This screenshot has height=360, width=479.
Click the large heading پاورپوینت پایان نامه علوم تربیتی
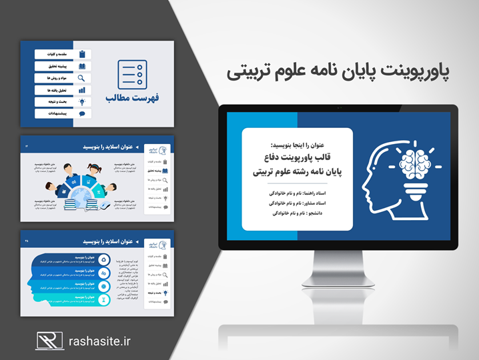click(x=338, y=71)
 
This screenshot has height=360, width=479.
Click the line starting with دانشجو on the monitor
click(x=298, y=213)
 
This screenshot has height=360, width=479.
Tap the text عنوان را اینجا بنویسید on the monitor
click(x=298, y=144)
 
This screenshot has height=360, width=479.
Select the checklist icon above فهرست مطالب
click(x=131, y=74)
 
